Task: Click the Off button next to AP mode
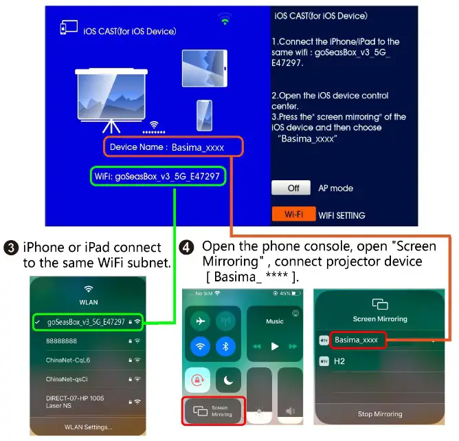tap(293, 188)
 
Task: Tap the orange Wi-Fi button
tap(293, 214)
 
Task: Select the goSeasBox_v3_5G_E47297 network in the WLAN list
tap(86, 321)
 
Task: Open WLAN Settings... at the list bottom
tap(88, 427)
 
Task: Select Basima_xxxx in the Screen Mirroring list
tap(357, 340)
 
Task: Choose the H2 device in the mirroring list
tap(340, 361)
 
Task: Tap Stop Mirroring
tap(380, 414)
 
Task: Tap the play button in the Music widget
tap(274, 345)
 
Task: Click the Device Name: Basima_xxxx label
tap(174, 147)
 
